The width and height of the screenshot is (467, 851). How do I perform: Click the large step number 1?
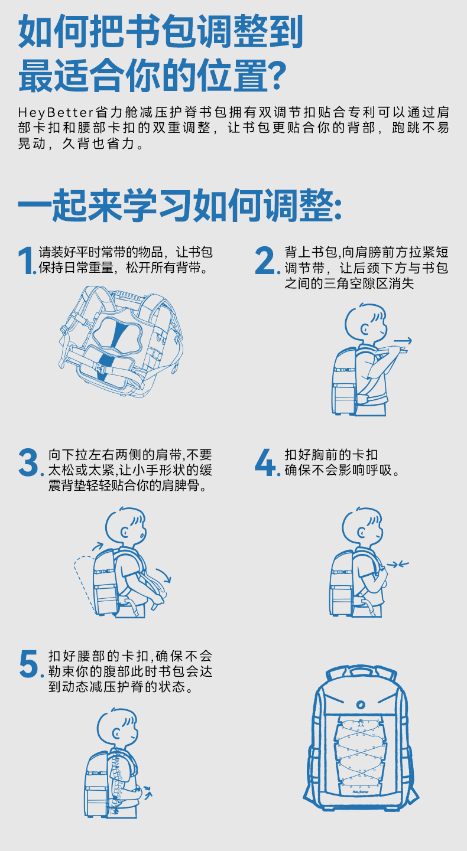[27, 260]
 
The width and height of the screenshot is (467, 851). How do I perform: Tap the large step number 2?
[265, 260]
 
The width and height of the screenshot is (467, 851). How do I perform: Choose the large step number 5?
[29, 664]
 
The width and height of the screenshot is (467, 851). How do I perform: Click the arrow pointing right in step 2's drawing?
[403, 340]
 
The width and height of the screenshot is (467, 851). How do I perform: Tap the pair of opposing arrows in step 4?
[398, 565]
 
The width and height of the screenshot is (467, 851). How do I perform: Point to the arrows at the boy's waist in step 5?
[148, 791]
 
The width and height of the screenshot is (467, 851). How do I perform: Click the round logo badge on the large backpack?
[359, 705]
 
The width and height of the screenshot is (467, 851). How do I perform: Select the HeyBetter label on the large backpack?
[360, 792]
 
